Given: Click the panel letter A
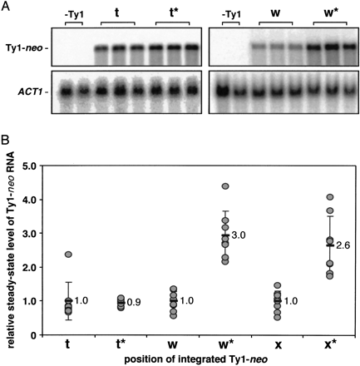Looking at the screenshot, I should coord(6,6).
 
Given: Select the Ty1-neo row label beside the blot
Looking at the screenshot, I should coord(20,52).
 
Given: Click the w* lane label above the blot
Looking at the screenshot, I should coord(329,12).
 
